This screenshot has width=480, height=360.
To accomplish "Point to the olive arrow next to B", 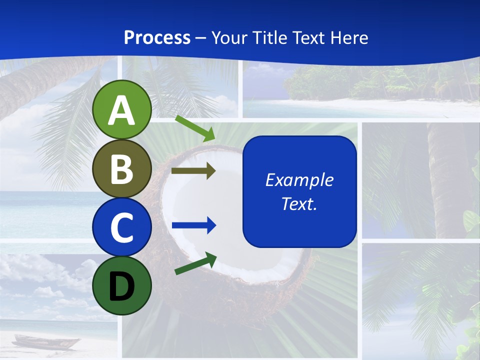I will pyautogui.click(x=193, y=171).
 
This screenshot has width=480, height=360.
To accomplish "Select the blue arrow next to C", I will pyautogui.click(x=193, y=225).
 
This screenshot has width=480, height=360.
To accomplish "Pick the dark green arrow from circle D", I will pyautogui.click(x=195, y=263).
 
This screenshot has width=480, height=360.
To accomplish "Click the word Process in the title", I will pyautogui.click(x=157, y=37).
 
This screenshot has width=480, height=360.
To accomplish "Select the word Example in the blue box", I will pyautogui.click(x=299, y=180).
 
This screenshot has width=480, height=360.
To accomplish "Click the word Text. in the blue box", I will pyautogui.click(x=299, y=203).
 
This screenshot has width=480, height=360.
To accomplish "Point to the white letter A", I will pyautogui.click(x=122, y=110).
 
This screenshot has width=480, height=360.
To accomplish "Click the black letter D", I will pyautogui.click(x=122, y=286).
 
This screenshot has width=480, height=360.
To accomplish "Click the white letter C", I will pyautogui.click(x=122, y=227).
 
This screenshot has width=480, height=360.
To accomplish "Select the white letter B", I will pyautogui.click(x=122, y=169).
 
